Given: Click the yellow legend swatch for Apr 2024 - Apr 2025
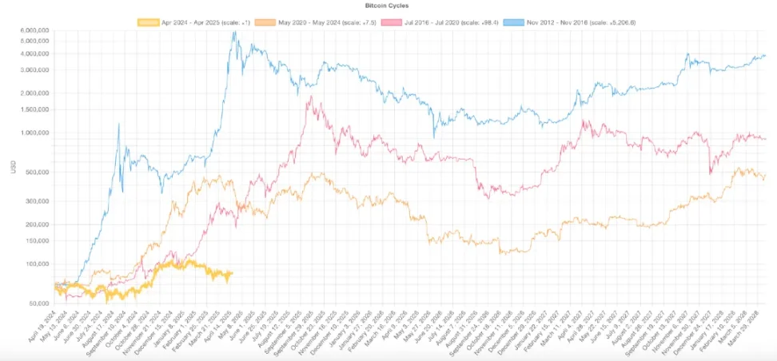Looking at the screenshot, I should tap(148, 22).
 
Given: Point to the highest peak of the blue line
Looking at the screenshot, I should tap(234, 34).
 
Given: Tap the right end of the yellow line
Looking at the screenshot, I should tap(232, 273).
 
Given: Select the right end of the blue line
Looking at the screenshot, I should tap(766, 55).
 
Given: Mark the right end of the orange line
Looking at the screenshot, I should tap(766, 176).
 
